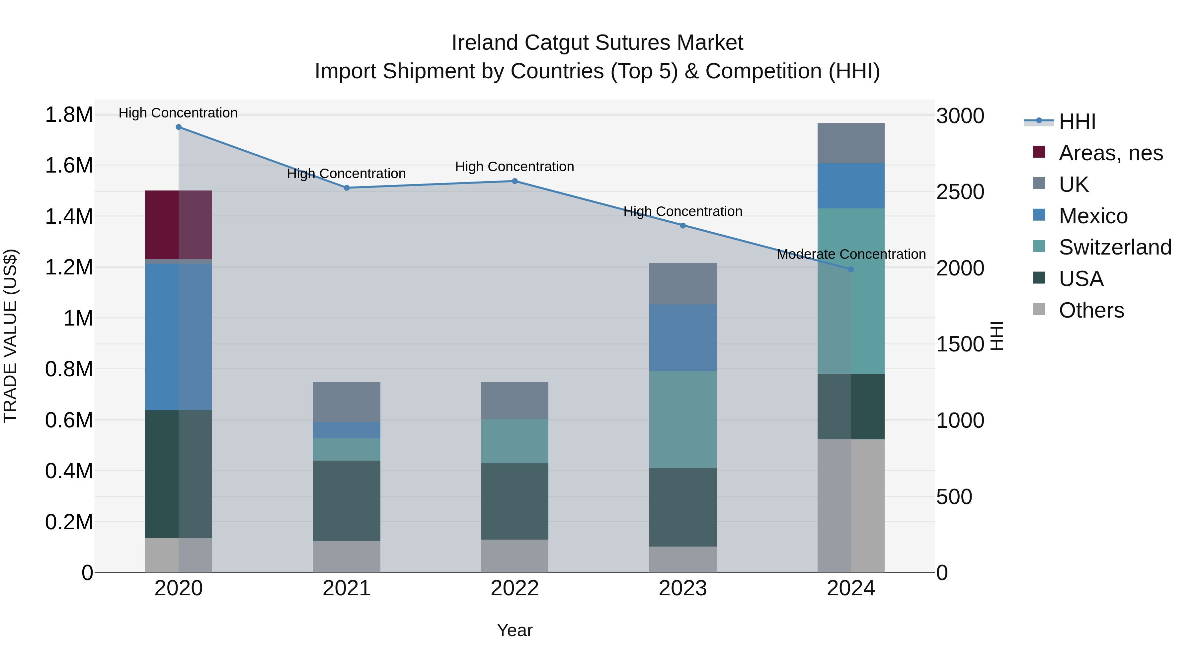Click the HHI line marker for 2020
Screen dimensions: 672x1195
pos(179,127)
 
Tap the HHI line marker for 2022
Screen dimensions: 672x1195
pos(515,181)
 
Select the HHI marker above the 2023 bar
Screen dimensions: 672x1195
pos(682,225)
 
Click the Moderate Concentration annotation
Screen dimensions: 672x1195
pos(851,254)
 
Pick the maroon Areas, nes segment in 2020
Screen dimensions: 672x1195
pos(179,224)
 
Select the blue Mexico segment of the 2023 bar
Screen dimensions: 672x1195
pos(682,337)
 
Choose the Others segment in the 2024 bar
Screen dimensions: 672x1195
pos(851,505)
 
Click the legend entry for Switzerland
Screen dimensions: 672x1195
pos(1114,247)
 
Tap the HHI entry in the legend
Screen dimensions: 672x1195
pos(1077,121)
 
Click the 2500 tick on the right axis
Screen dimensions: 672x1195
pos(960,192)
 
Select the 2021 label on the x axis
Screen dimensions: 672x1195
pos(347,588)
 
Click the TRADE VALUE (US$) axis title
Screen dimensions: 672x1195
pos(10,336)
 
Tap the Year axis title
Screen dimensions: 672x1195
pos(515,630)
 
